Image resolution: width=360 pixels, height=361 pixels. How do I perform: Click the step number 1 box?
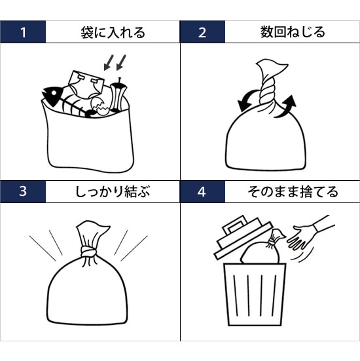23,31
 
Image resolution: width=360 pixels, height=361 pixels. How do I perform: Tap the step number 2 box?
202,31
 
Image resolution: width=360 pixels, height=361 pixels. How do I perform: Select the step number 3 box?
23,191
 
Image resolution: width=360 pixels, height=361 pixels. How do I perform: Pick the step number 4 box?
202,191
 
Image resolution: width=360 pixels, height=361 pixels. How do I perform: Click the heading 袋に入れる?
113,32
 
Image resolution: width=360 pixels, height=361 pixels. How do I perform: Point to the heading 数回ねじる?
293,32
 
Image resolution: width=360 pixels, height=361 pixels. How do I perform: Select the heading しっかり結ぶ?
113,192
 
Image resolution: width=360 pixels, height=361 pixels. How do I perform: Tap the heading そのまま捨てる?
293,192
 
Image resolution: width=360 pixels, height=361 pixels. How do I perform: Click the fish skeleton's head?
52,95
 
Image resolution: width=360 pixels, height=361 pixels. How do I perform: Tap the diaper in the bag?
86,85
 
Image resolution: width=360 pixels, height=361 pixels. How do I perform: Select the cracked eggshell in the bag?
100,106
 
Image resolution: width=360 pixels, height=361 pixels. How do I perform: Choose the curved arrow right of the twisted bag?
286,107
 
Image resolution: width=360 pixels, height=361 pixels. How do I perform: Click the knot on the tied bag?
88,252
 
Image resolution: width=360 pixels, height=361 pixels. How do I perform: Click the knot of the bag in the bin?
272,242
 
